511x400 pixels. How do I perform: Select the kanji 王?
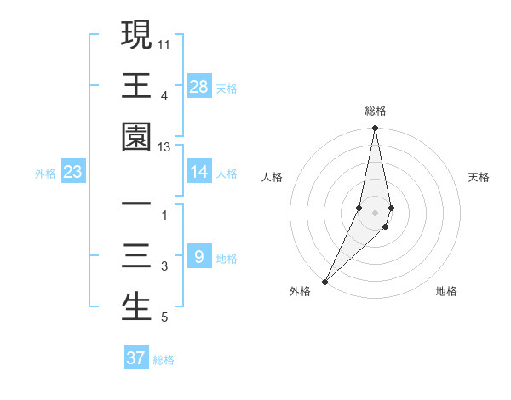[136, 86]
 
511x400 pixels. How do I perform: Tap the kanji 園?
[136, 138]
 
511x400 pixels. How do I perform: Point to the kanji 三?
[136, 256]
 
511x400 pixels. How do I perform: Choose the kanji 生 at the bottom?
[136, 307]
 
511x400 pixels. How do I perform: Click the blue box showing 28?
[198, 87]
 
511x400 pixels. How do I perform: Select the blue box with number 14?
[198, 172]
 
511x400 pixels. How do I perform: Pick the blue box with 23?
[73, 172]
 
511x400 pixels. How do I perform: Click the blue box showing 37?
[136, 358]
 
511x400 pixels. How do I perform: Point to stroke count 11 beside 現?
[164, 43]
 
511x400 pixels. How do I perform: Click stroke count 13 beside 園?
[164, 147]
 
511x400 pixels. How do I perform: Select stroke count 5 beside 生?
[164, 318]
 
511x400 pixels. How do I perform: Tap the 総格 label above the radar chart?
[375, 111]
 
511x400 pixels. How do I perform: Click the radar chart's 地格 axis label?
[446, 291]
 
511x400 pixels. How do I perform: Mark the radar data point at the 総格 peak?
[375, 129]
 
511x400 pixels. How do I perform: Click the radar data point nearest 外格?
[325, 281]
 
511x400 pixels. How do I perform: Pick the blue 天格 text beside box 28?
[227, 88]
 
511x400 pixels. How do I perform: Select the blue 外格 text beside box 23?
[45, 174]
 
